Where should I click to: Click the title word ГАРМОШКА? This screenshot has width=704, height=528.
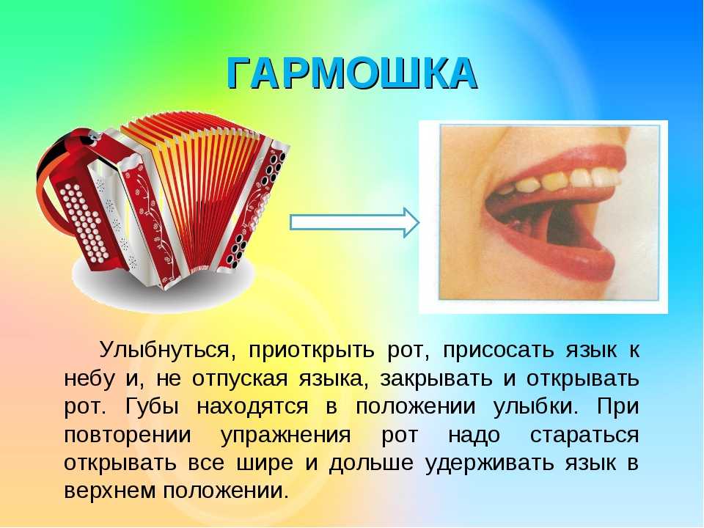point(351,73)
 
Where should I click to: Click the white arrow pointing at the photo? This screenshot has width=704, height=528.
point(355,222)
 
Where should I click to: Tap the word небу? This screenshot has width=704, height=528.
point(89,378)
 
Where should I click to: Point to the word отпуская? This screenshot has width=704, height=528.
point(240,379)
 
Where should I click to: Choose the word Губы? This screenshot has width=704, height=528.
point(153,406)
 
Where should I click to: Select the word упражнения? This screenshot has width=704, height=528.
point(286,436)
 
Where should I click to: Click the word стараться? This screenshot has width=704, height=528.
point(584,436)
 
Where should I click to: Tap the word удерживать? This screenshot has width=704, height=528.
point(489,463)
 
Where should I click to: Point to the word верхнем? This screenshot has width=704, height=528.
point(111,491)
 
